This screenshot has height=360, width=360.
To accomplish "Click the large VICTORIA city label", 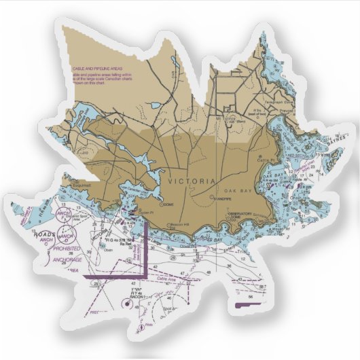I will [191, 181].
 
